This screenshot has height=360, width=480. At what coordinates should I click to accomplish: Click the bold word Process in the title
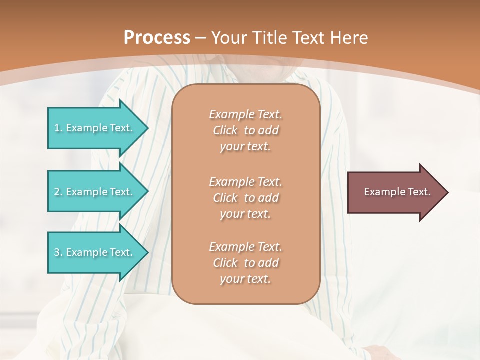(x=157, y=38)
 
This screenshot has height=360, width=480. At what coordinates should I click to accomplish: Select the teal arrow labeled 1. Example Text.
(x=95, y=128)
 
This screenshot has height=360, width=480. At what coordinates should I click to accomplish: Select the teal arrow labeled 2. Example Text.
(x=95, y=192)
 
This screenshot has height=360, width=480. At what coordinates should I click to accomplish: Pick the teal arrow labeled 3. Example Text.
(x=95, y=252)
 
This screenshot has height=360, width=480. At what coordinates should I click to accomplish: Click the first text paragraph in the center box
(x=245, y=130)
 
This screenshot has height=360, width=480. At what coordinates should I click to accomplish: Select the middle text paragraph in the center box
(x=245, y=198)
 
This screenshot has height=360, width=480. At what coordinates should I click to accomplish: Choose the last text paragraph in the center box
(x=245, y=263)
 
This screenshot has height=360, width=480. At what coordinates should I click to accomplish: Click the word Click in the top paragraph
(x=225, y=131)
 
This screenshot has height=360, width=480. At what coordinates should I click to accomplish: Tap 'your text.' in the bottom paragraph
(x=245, y=279)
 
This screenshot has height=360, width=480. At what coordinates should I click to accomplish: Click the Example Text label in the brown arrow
(x=397, y=192)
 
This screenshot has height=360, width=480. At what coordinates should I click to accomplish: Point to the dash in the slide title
(x=200, y=38)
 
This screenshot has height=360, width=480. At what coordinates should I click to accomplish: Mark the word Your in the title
(x=228, y=38)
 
